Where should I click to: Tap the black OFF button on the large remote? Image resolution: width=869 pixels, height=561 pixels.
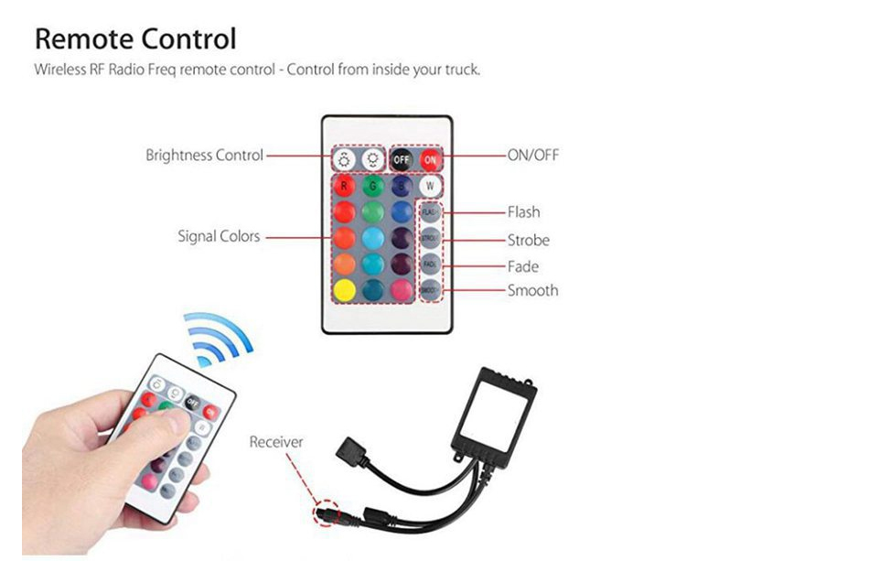[x=402, y=158]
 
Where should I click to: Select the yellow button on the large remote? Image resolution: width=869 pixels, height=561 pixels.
[x=344, y=290]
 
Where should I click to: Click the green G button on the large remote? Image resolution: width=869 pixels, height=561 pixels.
[x=371, y=186]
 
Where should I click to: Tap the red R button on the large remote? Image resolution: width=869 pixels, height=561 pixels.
[x=344, y=186]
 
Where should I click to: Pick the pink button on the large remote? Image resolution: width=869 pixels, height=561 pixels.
[x=401, y=290]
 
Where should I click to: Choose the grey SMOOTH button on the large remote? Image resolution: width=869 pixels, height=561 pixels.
[x=430, y=290]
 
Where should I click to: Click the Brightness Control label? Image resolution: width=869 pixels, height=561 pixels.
[x=204, y=156]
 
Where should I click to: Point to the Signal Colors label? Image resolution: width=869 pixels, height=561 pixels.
[x=219, y=237]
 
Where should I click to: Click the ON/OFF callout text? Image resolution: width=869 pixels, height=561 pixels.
[x=532, y=156]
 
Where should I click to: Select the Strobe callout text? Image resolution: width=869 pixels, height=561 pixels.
[x=528, y=241]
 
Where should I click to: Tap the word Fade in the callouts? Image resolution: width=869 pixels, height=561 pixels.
[x=522, y=267]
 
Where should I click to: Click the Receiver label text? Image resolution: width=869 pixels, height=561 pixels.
[x=275, y=442]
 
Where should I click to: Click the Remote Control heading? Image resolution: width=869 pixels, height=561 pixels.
[x=135, y=39]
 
